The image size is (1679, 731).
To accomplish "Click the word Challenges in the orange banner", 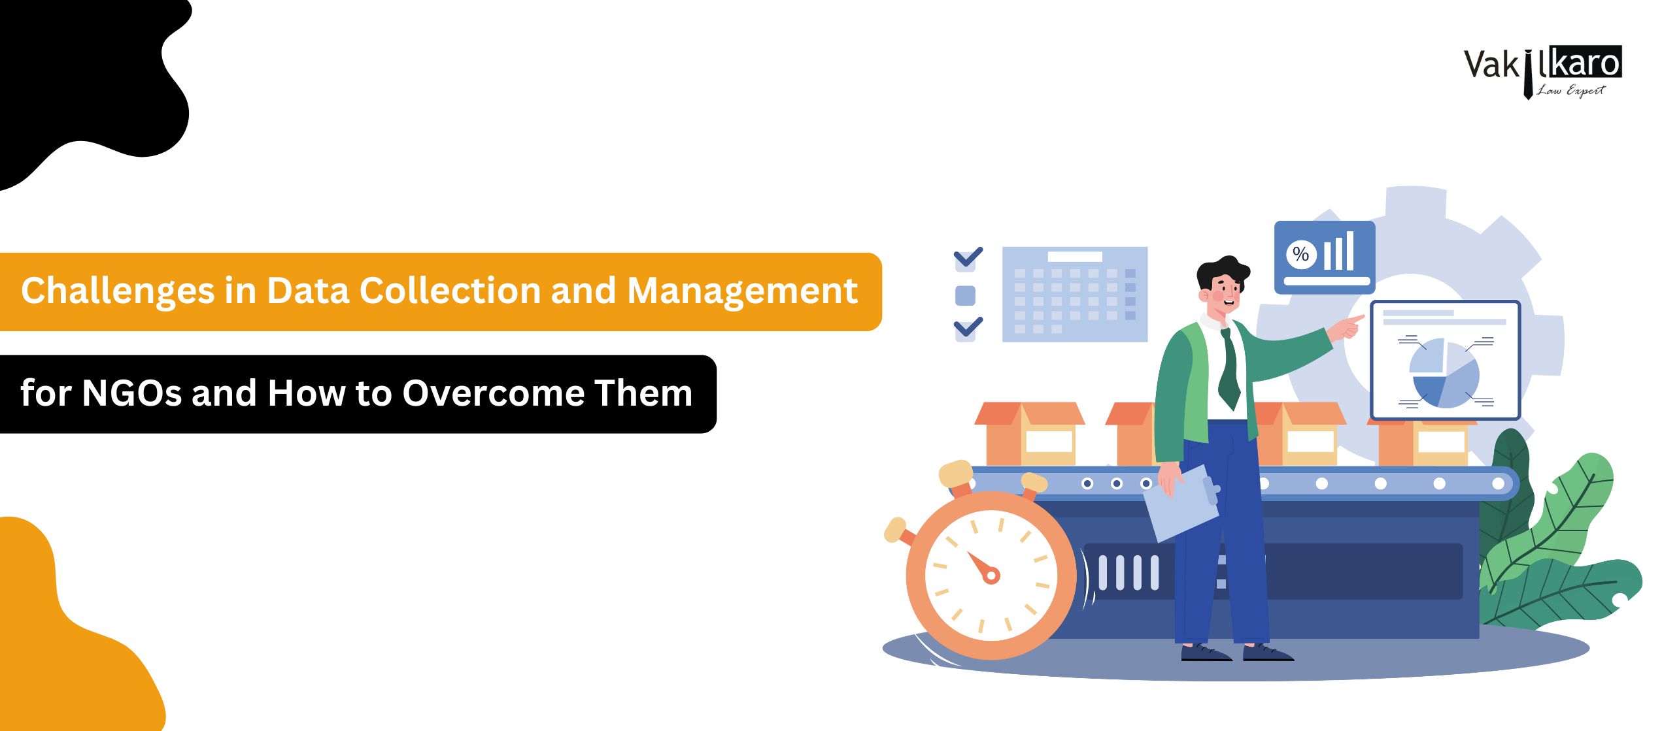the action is [118, 291].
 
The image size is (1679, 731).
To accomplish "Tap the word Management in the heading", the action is [742, 291].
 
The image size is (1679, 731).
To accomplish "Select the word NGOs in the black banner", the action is [131, 393].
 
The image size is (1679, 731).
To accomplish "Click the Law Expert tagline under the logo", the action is [1570, 90].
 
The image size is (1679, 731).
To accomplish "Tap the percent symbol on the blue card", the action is [1300, 253].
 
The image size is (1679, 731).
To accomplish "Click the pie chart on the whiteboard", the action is [1443, 373].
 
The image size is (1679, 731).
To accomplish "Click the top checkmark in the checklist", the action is [968, 257].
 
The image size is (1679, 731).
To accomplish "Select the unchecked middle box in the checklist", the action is [966, 296].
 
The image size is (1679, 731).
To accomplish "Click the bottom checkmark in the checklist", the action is [968, 327].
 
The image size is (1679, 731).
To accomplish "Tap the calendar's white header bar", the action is [1075, 257].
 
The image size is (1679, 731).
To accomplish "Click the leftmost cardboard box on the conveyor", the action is [1029, 434].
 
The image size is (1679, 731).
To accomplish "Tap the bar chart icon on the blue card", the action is [1339, 251].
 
